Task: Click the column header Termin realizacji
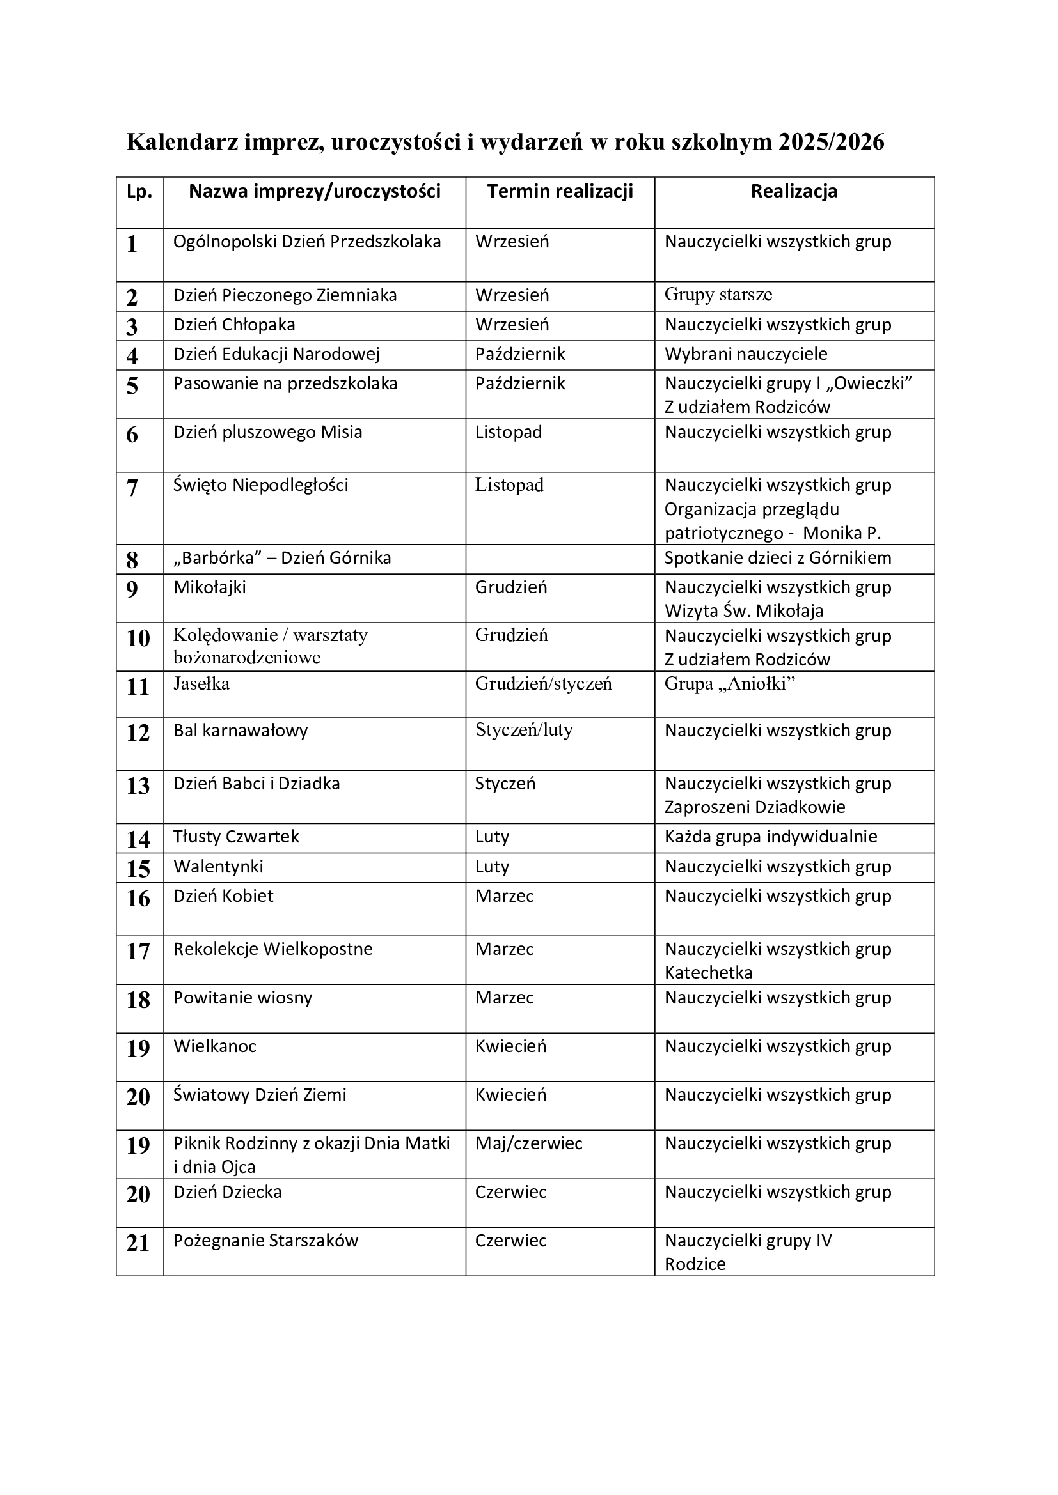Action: (x=560, y=192)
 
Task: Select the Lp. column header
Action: (x=139, y=192)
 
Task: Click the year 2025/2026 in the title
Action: (x=831, y=142)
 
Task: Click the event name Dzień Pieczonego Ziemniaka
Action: (x=285, y=296)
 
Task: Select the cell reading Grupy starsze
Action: (x=718, y=295)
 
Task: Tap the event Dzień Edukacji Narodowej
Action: (x=276, y=354)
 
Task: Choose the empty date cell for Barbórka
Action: (x=560, y=559)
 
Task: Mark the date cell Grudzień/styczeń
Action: (x=543, y=684)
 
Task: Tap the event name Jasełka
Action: (x=201, y=684)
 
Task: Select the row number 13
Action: (x=138, y=786)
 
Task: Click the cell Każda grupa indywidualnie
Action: (x=770, y=837)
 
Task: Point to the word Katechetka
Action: (x=708, y=973)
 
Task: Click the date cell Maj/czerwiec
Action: (x=528, y=1143)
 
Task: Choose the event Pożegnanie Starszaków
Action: (x=265, y=1241)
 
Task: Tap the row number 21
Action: (x=138, y=1243)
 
